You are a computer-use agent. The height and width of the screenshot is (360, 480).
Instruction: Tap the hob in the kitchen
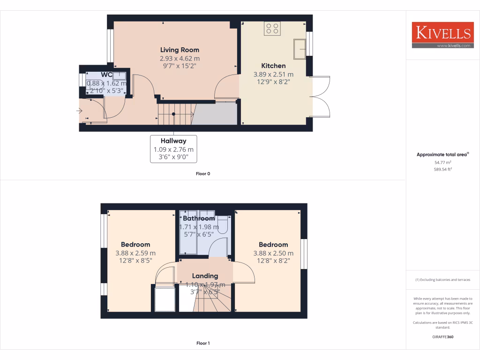click(272, 29)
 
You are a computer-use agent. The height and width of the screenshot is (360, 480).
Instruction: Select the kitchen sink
click(300, 49)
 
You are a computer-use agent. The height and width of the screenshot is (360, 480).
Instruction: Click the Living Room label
click(180, 50)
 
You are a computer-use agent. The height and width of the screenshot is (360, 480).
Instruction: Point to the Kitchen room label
click(273, 66)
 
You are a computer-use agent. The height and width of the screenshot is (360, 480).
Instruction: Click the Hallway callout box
click(173, 149)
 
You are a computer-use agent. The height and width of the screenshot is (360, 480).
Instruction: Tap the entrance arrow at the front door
click(79, 111)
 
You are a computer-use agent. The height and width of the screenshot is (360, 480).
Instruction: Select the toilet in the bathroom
click(222, 225)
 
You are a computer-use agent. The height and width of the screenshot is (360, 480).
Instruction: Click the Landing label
click(205, 276)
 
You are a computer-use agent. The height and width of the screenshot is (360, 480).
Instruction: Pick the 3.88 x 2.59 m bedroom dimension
click(135, 253)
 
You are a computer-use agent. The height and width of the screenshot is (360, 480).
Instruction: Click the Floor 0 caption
click(203, 174)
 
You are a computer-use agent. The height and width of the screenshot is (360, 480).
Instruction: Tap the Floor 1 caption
click(203, 343)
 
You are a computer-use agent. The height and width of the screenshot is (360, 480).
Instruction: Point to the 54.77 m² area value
click(442, 162)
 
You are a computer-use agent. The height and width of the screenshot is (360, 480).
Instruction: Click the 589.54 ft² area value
click(442, 169)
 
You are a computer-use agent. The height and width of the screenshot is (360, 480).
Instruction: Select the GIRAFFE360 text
click(442, 337)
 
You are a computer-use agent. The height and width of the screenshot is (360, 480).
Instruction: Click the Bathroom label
click(199, 218)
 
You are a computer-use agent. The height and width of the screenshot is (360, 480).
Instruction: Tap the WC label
click(106, 75)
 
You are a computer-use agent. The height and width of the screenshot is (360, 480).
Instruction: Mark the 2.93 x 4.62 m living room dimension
click(180, 59)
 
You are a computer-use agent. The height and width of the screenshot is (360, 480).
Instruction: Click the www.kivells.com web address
click(453, 45)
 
